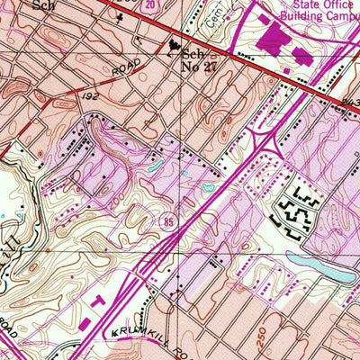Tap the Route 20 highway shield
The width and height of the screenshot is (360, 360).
coord(148,4)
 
